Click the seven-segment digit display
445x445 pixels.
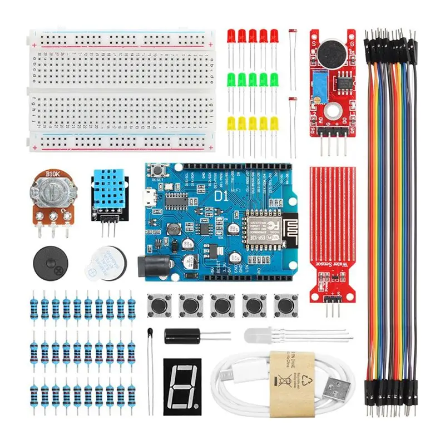point(182,384)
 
